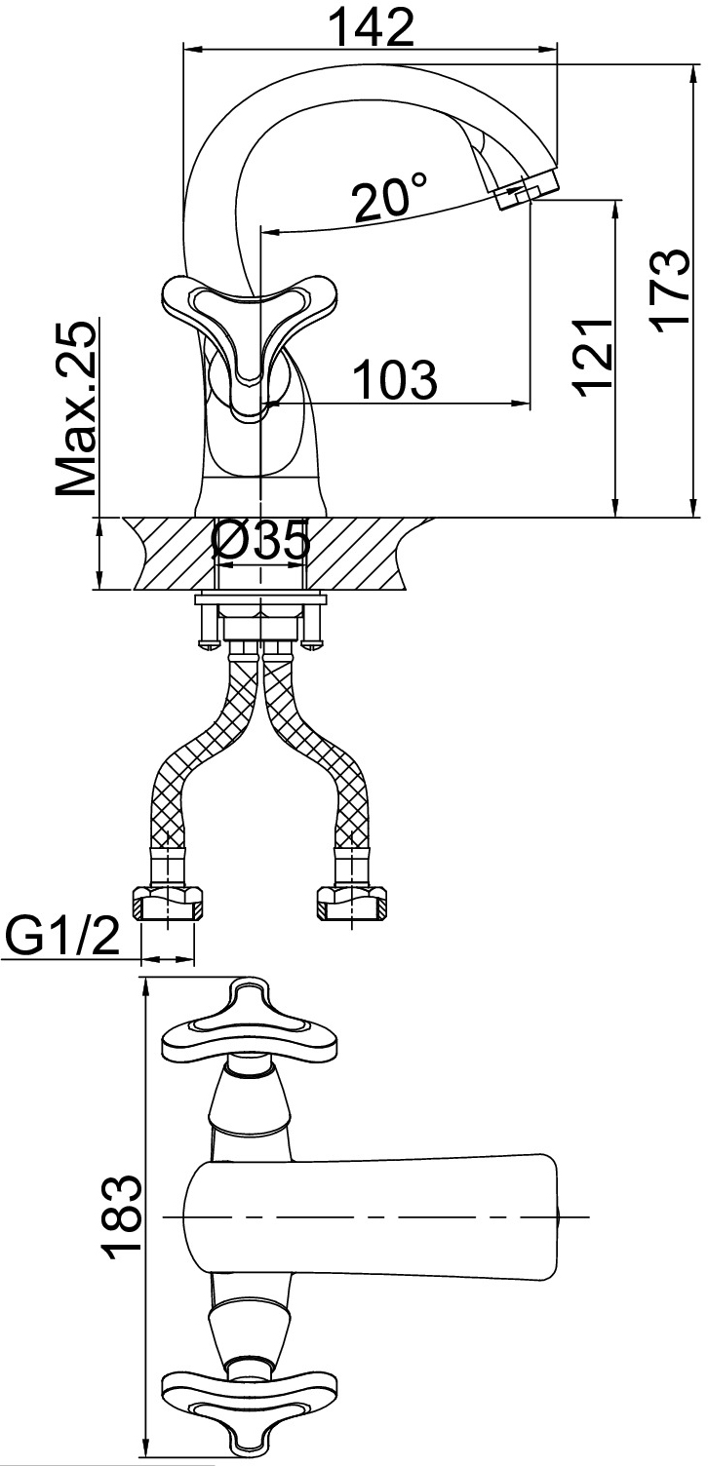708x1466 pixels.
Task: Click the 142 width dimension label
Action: point(371,26)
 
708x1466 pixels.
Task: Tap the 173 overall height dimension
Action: point(670,288)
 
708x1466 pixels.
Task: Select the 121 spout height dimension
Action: point(592,358)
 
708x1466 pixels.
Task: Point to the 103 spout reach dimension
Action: point(394,379)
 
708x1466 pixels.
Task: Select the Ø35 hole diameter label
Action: point(260,541)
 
